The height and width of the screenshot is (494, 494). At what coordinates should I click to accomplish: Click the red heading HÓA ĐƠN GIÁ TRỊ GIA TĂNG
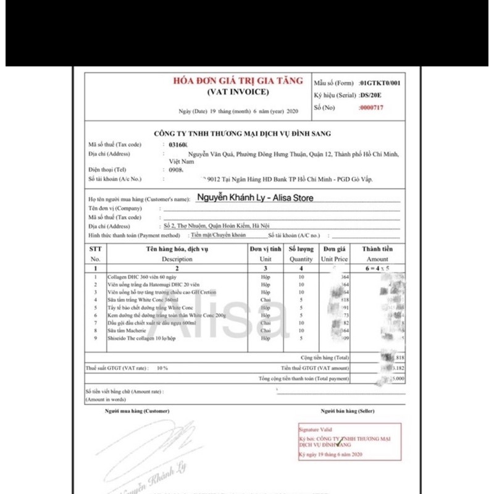pos(238,81)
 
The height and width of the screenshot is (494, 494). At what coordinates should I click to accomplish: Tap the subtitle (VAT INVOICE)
pos(238,91)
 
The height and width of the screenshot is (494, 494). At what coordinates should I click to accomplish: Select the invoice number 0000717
pos(372,107)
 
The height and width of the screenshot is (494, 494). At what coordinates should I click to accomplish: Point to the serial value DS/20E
pos(372,95)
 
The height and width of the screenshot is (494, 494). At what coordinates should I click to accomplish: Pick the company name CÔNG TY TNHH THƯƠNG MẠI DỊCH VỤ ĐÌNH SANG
pos(242,133)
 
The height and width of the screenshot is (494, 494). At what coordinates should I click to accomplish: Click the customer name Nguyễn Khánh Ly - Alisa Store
pos(254,198)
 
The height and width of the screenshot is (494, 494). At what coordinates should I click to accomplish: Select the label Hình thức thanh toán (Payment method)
pos(134,236)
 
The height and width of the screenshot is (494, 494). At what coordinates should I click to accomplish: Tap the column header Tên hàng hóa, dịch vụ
pos(177,249)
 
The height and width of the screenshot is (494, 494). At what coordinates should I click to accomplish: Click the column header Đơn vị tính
pos(266,249)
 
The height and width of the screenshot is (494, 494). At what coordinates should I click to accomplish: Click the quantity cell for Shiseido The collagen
pos(301,338)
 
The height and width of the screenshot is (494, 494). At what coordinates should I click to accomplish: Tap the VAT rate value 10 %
pos(162,367)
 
